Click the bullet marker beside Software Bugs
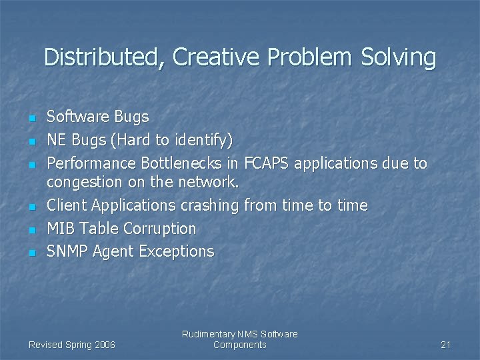31,119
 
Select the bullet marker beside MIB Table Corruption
31,231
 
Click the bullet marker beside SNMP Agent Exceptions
31,253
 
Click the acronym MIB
61,229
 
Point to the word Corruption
160,229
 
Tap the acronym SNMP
67,251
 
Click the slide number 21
446,345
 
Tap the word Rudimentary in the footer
208,334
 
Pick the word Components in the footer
239,345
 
